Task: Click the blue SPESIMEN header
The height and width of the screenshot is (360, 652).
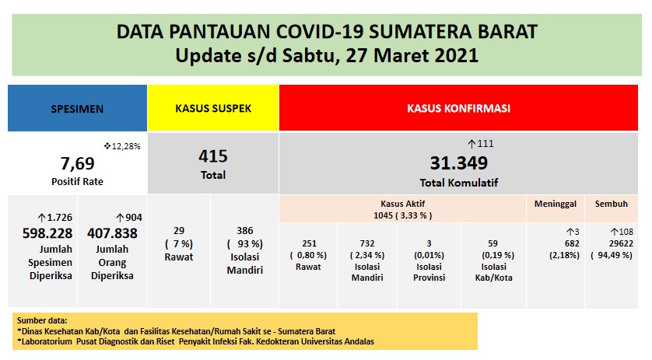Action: [x=77, y=109]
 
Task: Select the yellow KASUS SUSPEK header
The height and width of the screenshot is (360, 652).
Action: [x=212, y=109]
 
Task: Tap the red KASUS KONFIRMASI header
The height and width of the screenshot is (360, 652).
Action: [x=459, y=109]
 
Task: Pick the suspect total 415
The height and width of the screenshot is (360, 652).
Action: [x=212, y=157]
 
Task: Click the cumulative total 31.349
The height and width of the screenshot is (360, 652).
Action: [x=459, y=163]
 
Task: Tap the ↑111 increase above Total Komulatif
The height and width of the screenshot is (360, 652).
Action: [x=480, y=144]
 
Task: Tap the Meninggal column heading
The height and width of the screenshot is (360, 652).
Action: [x=554, y=204]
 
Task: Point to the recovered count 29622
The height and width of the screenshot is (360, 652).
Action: [x=612, y=243]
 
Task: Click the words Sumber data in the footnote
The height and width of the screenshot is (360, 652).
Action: [x=40, y=320]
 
